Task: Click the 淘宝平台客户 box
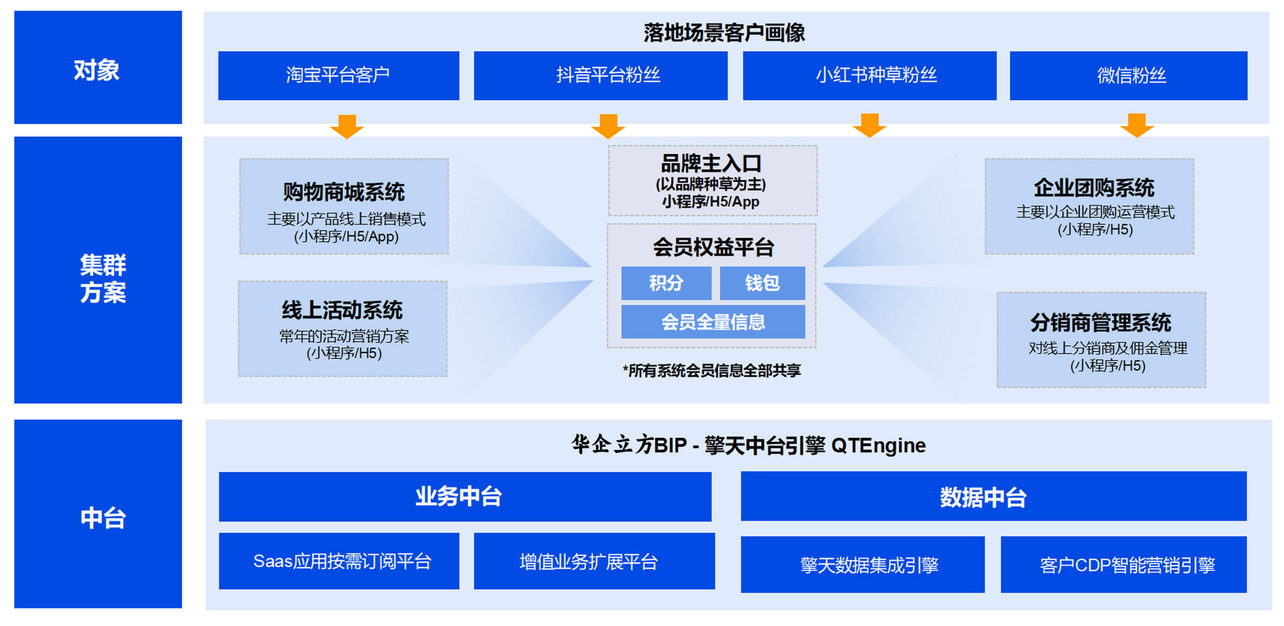339,75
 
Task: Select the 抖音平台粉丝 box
601,75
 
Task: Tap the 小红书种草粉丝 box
870,75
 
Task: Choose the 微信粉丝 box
1129,75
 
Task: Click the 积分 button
666,283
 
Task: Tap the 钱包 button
762,283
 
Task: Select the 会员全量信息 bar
713,322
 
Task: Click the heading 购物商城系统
344,192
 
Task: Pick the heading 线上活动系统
342,310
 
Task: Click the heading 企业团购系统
1094,188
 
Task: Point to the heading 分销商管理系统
1101,323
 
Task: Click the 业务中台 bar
465,497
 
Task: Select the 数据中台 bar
993,497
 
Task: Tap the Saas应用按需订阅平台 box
339,561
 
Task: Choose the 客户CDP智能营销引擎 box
1124,564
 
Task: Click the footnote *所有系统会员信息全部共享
712,370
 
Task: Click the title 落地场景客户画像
724,33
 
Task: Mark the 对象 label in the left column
97,70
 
